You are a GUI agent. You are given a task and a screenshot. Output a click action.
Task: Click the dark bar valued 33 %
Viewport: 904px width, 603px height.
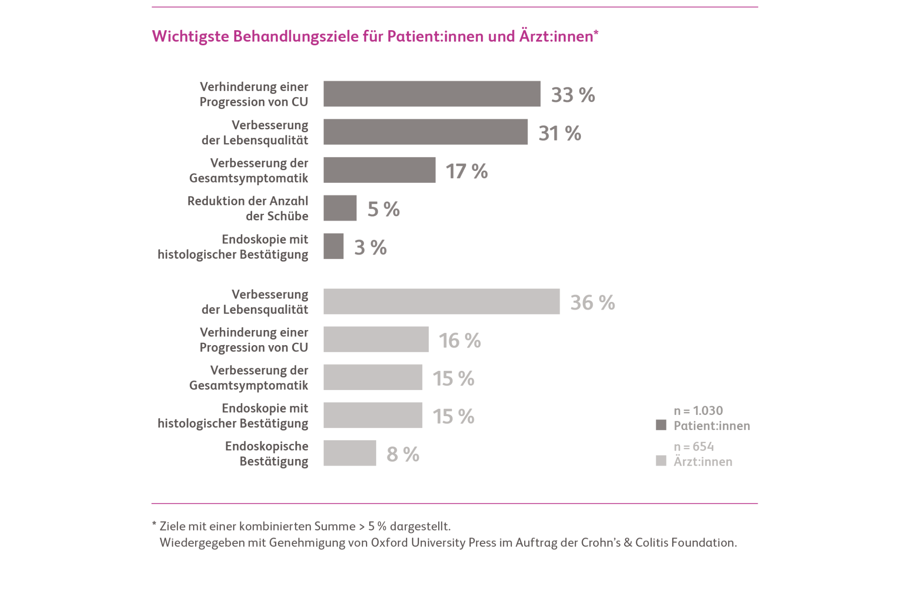pos(432,94)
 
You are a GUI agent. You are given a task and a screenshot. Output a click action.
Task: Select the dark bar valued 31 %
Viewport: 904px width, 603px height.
pos(425,132)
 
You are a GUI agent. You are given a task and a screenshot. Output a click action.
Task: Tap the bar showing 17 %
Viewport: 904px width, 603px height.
pos(379,170)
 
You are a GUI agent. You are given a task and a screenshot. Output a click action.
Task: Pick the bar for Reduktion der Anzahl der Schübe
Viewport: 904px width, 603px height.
pos(340,208)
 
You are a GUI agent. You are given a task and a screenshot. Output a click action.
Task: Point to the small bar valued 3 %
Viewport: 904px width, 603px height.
pos(333,246)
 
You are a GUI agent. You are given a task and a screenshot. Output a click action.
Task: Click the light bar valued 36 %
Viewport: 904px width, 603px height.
pos(442,301)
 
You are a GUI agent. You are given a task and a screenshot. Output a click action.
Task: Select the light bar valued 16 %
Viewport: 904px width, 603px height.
pos(376,339)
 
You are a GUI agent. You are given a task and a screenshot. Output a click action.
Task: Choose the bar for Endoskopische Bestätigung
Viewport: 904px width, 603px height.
pos(350,453)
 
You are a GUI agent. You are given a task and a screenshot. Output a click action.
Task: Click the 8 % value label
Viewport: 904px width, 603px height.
pos(403,454)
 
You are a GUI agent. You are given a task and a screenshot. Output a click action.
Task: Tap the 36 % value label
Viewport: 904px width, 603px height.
pos(592,302)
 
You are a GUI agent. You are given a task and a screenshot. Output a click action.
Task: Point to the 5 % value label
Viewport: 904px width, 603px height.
pos(383,209)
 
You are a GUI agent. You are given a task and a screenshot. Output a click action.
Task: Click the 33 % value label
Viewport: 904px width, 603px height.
pos(573,95)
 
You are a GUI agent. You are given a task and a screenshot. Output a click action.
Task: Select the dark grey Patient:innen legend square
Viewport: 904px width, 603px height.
pos(661,425)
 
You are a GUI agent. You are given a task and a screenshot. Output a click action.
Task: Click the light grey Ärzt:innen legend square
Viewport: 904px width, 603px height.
pos(661,461)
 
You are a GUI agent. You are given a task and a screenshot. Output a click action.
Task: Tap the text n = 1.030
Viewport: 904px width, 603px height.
pos(698,410)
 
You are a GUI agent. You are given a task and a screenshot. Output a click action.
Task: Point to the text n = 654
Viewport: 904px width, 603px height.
pos(694,446)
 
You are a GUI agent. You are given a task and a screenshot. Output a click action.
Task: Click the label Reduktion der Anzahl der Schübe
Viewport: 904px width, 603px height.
pos(248,208)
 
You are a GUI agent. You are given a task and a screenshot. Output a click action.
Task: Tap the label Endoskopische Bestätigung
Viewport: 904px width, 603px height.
pos(267,453)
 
